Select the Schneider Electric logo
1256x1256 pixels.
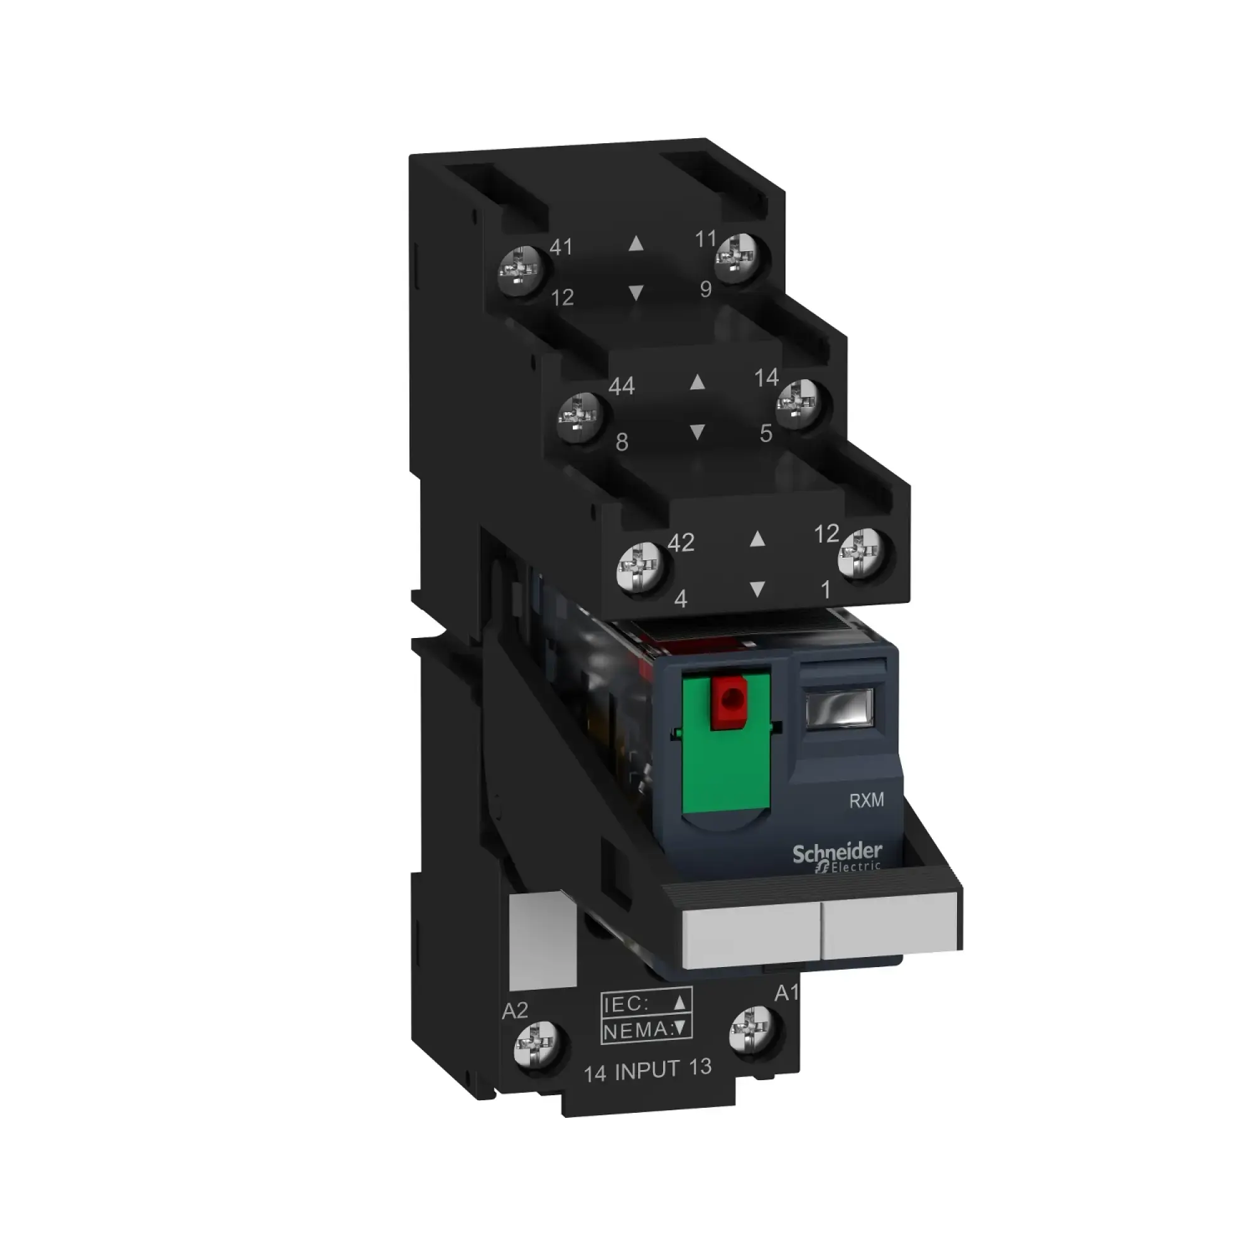coord(836,857)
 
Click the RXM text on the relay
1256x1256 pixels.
coord(867,800)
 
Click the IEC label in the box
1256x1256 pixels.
coord(627,1004)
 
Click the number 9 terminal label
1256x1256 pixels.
coord(706,290)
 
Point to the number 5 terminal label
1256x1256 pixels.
coord(766,433)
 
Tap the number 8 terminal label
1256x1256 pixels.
coord(622,443)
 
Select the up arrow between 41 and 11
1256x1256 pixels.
coord(636,244)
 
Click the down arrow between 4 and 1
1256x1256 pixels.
coord(756,590)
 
